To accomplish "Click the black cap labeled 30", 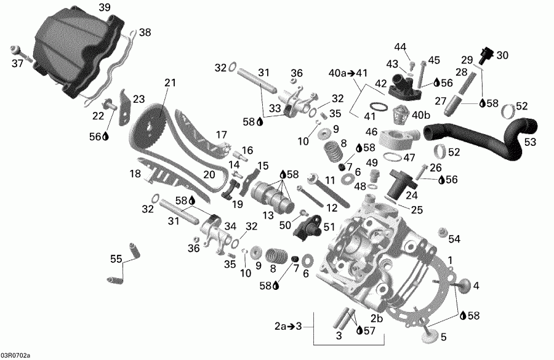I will pos(488,55).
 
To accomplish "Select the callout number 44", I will pos(401,47).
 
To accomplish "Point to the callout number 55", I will pos(116,260).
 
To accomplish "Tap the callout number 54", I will pos(454,239).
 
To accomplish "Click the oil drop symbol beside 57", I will pos(359,331).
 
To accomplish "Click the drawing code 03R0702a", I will pos(15,355).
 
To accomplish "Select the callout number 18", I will pos(135,175).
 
